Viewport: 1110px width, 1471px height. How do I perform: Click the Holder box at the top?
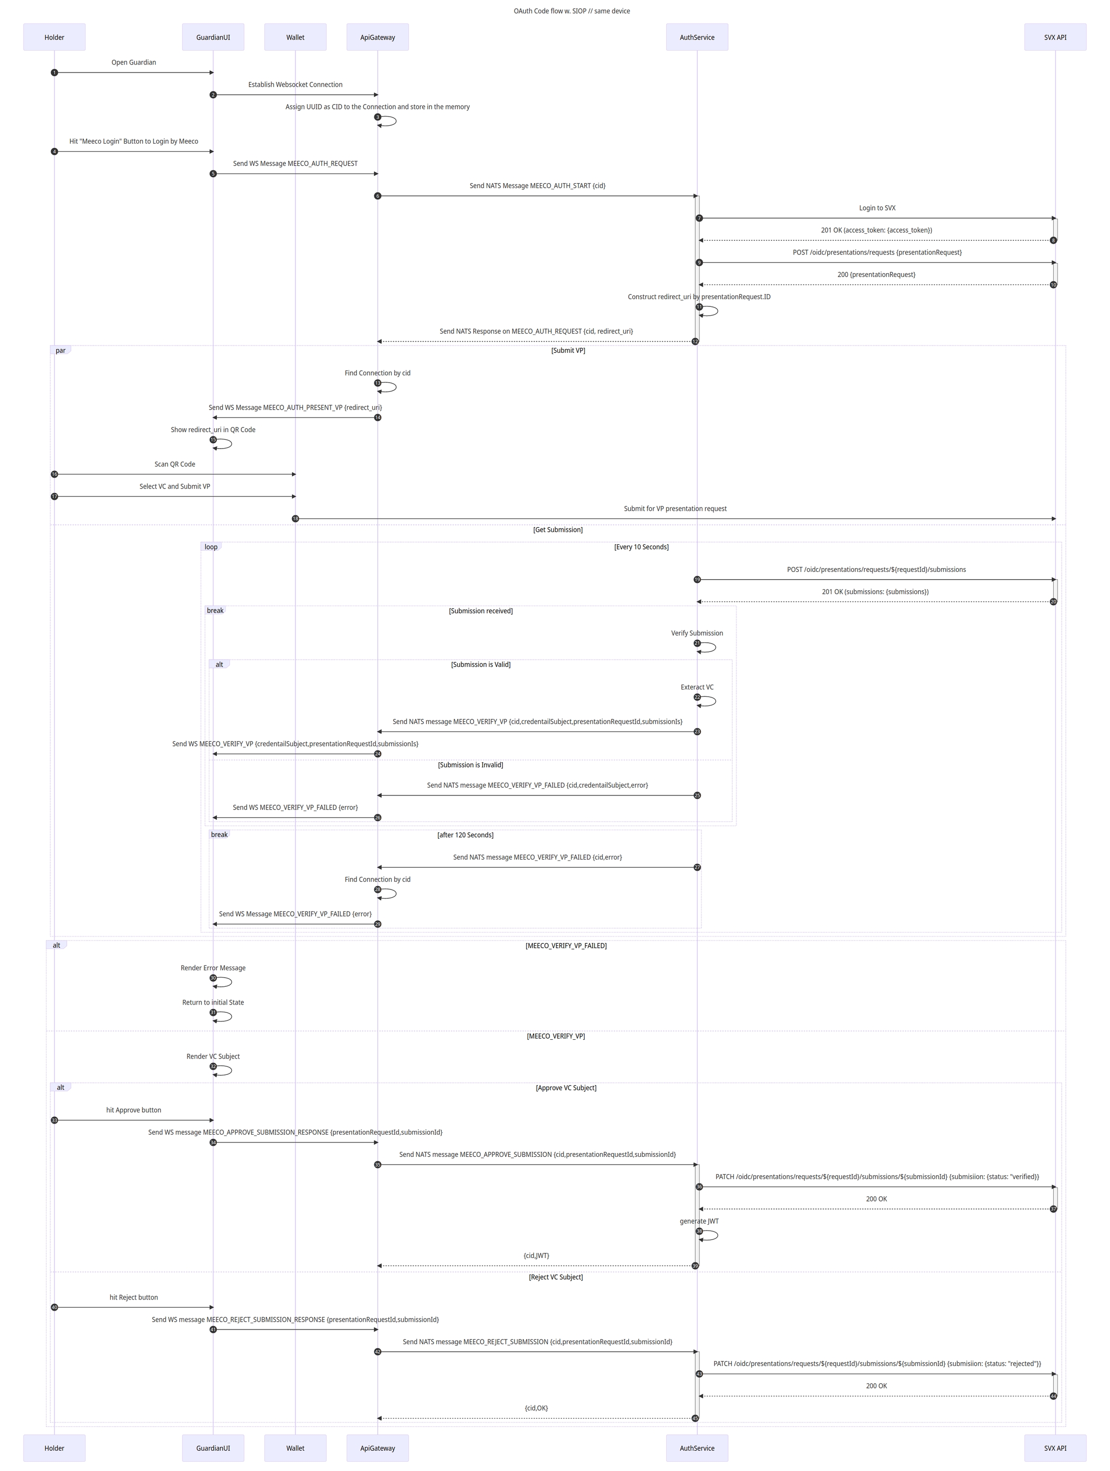click(54, 37)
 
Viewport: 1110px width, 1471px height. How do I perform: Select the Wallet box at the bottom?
click(295, 1448)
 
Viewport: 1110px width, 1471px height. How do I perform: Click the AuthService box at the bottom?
click(697, 1448)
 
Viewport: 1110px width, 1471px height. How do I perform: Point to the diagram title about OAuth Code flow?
click(571, 11)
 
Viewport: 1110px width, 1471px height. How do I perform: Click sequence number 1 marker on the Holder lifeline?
click(54, 72)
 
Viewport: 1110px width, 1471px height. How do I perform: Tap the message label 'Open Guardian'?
click(133, 63)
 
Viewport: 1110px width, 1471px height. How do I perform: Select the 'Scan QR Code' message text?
click(175, 464)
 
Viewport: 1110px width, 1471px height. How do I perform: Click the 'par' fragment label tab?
click(61, 350)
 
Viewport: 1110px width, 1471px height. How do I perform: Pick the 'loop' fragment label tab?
click(211, 547)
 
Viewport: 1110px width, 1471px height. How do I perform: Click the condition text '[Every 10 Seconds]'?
click(641, 547)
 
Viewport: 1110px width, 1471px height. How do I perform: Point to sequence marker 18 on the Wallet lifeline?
click(295, 519)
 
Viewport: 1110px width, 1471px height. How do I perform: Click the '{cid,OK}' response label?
click(536, 1408)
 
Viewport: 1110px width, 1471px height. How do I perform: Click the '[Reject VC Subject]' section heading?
click(555, 1277)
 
